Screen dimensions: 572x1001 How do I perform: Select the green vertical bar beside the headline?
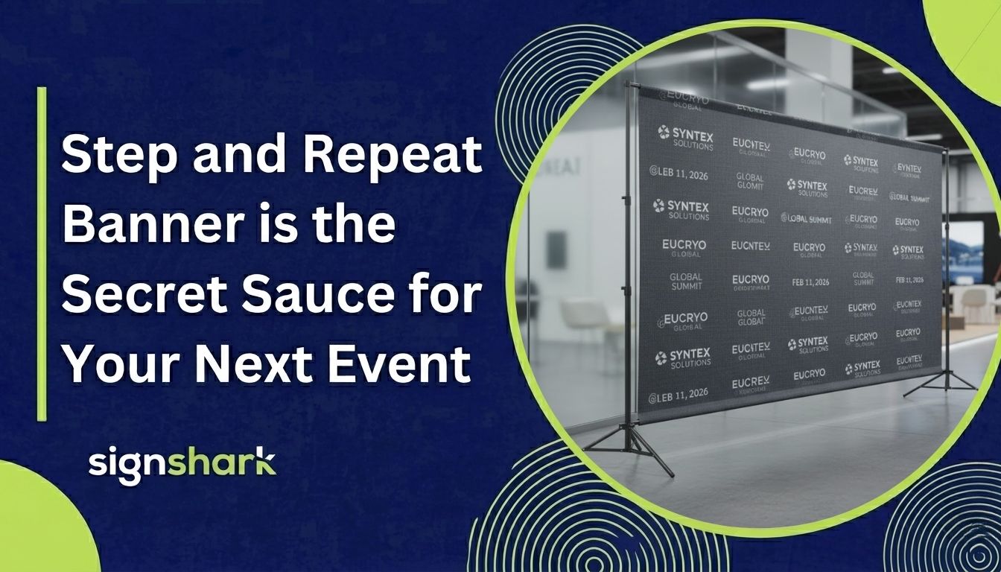click(x=42, y=253)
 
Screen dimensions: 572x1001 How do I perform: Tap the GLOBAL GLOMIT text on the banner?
click(x=750, y=182)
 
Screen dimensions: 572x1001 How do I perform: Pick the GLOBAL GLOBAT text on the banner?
click(x=750, y=317)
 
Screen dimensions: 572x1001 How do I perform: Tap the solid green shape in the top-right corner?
click(x=968, y=37)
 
